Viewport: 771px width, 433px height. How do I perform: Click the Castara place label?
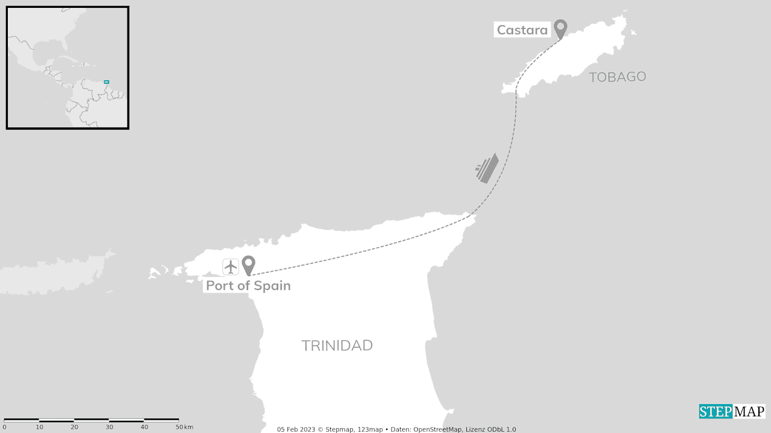(x=522, y=30)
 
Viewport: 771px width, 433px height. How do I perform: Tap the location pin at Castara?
(x=561, y=28)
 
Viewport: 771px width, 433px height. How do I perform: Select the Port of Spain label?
(x=248, y=285)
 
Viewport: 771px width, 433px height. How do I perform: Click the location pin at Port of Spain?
(x=248, y=264)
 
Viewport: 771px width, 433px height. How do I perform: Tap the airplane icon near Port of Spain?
(x=231, y=267)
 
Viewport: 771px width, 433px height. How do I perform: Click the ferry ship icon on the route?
(x=487, y=168)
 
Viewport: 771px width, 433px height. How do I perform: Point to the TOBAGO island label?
(x=617, y=77)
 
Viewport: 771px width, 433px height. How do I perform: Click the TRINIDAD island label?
(x=337, y=346)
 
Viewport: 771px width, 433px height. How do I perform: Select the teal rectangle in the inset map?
(x=107, y=82)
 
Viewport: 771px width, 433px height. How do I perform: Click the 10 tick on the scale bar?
(x=39, y=427)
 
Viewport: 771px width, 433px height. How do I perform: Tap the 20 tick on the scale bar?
(x=74, y=427)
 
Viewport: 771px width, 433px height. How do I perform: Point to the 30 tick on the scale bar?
(x=109, y=427)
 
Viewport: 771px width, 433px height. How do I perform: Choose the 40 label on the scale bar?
(x=144, y=427)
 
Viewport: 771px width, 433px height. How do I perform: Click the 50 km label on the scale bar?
(x=184, y=427)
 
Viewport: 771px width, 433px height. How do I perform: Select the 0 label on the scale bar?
(x=4, y=427)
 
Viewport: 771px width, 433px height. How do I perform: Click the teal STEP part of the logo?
(x=715, y=412)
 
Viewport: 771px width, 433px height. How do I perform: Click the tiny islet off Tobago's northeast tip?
(x=633, y=32)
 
